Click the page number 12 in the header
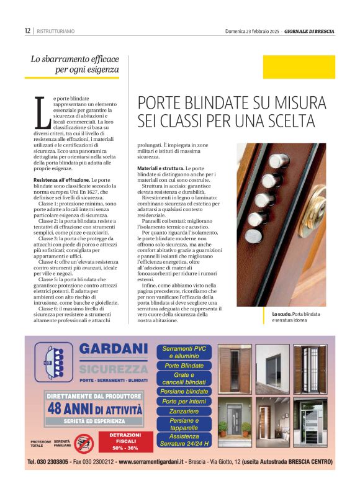tap(27, 30)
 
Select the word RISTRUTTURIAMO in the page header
tap(56, 30)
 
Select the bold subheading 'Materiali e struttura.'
tap(160, 168)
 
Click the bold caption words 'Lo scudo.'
tap(281, 315)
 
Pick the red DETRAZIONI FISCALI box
tap(125, 441)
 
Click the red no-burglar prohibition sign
tap(83, 443)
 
